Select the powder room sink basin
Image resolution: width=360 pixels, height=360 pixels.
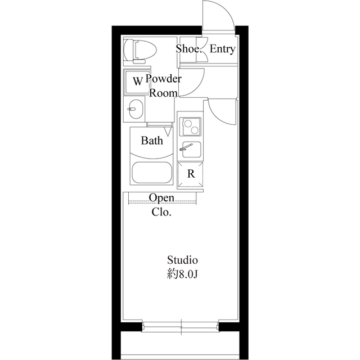coord(135,109)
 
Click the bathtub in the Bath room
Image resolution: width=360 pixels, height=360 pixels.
coord(151,172)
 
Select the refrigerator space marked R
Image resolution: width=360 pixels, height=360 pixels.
coord(191,174)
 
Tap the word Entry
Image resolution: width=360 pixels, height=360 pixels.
coord(222,49)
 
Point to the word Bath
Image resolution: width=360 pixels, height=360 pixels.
coord(152,141)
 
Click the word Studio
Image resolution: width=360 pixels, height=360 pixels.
coord(182,260)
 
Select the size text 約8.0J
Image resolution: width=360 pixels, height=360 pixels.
coord(182,276)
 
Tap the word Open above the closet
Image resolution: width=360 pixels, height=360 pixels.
coord(161,199)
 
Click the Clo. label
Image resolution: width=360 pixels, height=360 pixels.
coord(161,213)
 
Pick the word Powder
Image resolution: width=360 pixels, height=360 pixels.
coord(164,79)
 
